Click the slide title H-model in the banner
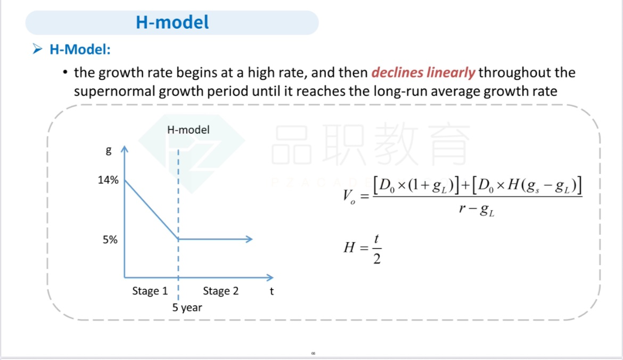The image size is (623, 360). (x=172, y=22)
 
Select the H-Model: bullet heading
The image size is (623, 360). (x=80, y=50)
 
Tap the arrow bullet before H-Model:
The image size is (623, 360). (x=37, y=49)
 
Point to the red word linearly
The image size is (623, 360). (x=450, y=73)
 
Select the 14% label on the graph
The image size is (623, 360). (x=108, y=180)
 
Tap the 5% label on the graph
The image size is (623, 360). (x=110, y=240)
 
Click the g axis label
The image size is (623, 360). (x=109, y=151)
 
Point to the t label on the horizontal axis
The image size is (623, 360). (x=272, y=291)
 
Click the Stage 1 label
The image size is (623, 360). (x=150, y=291)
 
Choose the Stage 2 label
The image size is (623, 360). (x=220, y=291)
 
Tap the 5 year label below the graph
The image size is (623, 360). (x=187, y=308)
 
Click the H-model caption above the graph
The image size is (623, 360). (x=188, y=129)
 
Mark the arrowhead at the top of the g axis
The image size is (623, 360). (x=125, y=149)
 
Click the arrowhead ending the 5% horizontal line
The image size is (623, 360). (x=250, y=239)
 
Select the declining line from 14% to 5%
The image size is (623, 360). (x=151, y=210)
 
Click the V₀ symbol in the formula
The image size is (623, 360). (x=349, y=197)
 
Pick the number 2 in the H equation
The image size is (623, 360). (x=377, y=259)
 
